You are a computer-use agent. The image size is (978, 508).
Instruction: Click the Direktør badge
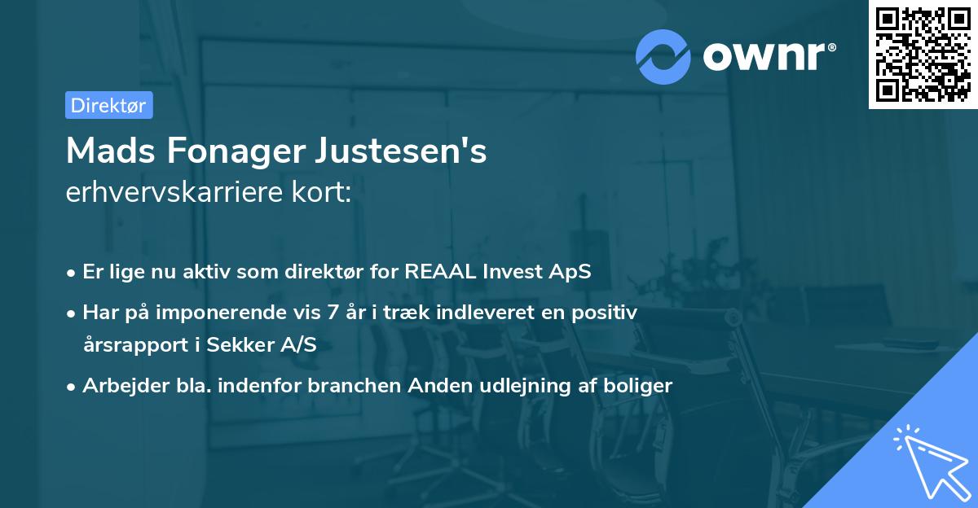[108, 105]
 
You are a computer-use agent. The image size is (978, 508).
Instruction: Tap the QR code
[923, 54]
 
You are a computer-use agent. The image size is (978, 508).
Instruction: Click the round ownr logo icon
[663, 56]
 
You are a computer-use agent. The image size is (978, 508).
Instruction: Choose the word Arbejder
[120, 385]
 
